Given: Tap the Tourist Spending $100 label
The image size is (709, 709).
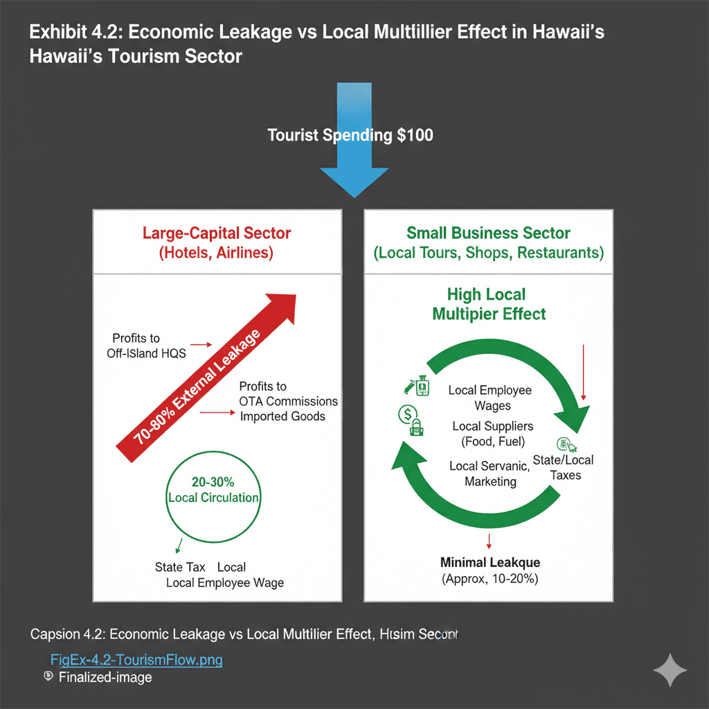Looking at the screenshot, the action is (350, 134).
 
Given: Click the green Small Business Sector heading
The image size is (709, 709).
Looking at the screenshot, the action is (489, 233).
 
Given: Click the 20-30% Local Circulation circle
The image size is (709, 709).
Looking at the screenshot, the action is (213, 490).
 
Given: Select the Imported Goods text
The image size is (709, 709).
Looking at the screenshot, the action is (282, 417).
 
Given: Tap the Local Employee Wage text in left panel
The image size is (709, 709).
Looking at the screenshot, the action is (225, 583).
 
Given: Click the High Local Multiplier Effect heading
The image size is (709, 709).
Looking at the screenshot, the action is (487, 304).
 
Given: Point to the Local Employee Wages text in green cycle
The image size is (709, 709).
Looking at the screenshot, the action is (490, 397).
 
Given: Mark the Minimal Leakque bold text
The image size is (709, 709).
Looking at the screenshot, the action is (490, 562).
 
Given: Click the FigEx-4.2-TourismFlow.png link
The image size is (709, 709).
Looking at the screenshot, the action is (136, 659).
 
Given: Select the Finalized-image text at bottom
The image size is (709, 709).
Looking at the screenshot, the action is (105, 677).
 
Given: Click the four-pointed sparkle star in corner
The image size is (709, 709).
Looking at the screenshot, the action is (670, 670).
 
